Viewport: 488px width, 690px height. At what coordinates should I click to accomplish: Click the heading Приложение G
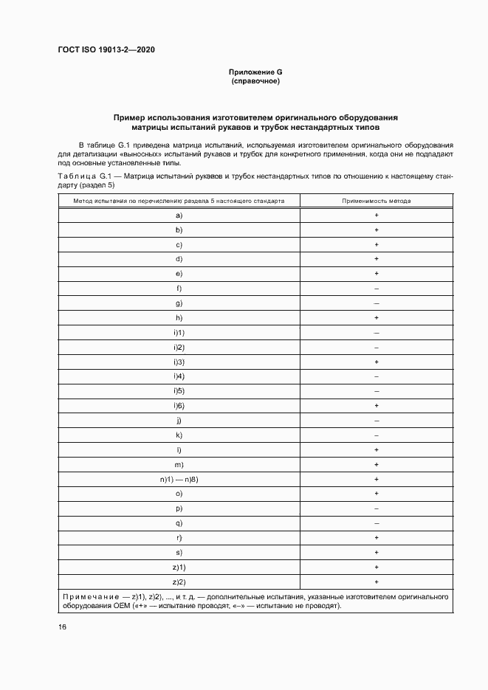coord(255,72)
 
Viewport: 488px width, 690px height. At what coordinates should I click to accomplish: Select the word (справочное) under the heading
coord(255,81)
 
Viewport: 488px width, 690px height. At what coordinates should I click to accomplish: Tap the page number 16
coord(63,627)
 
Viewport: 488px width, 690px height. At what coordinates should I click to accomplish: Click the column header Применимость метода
coord(377,201)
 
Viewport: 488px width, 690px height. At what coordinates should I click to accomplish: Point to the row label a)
coord(179,215)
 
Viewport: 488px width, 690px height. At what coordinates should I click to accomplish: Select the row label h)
coord(179,318)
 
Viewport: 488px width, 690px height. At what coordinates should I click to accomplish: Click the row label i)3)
coord(179,362)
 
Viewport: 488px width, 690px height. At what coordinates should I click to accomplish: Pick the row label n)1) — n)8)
coord(179,479)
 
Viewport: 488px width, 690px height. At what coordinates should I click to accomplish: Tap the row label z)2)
coord(179,582)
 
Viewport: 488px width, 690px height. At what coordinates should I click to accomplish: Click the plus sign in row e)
coord(377,274)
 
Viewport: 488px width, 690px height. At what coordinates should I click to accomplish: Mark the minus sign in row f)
coord(377,289)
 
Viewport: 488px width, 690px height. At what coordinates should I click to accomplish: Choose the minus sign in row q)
coord(377,523)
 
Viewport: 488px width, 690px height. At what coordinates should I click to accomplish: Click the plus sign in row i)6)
coord(377,406)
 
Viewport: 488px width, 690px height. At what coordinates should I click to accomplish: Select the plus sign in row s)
coord(377,553)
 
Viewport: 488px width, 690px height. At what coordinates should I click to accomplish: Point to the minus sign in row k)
coord(377,435)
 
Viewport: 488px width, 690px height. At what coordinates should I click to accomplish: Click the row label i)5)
coord(179,391)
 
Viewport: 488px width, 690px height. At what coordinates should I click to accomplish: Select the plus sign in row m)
coord(377,465)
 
